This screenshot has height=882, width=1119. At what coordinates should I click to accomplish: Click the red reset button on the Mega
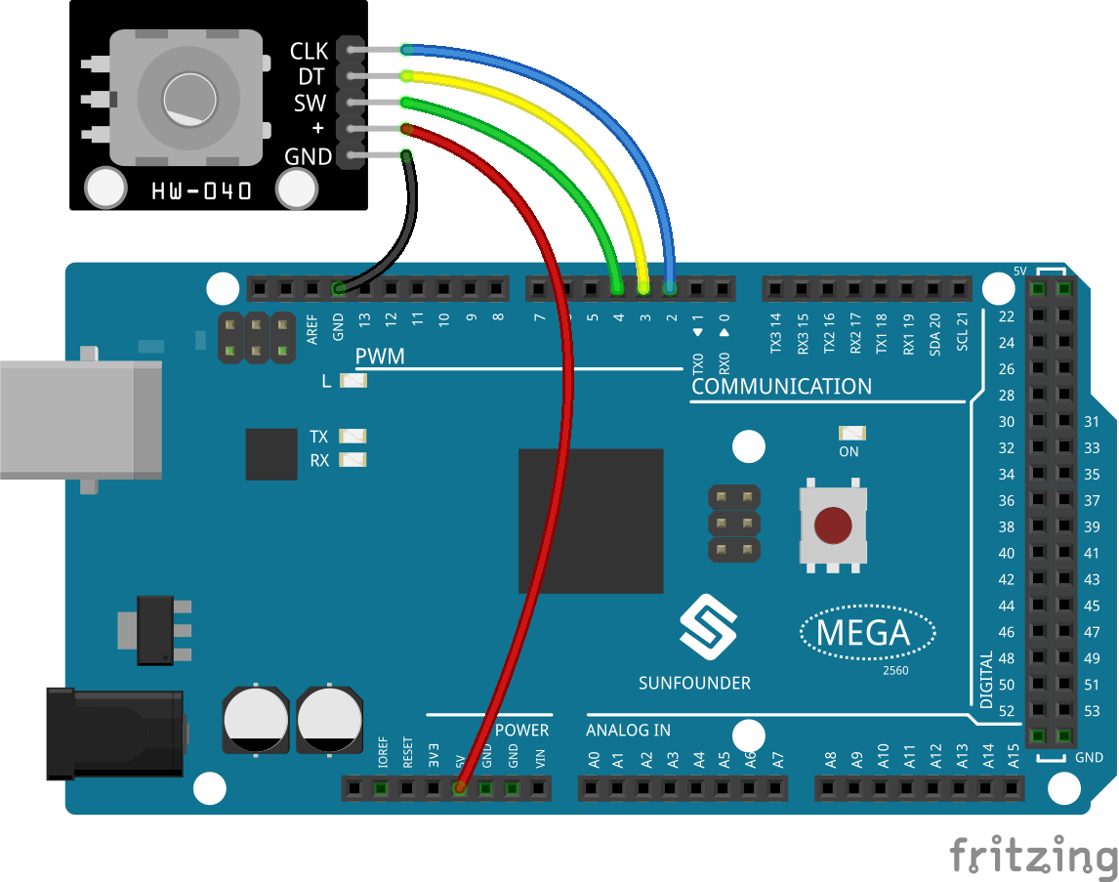(x=833, y=525)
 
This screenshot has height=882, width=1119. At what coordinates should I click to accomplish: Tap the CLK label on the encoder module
(x=309, y=51)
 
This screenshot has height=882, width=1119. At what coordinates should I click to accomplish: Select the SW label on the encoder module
(x=310, y=104)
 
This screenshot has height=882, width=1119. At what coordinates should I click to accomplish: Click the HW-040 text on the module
(x=201, y=190)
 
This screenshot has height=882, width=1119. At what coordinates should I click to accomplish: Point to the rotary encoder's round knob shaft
(x=189, y=100)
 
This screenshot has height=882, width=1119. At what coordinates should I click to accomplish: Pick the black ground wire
(x=399, y=229)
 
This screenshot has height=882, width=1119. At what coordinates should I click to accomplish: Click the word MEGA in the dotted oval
(x=863, y=633)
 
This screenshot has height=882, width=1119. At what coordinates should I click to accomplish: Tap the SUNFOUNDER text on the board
(x=694, y=683)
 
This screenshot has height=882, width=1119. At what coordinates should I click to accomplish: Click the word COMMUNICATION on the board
(x=781, y=386)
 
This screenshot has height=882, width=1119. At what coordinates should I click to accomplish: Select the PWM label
(x=380, y=357)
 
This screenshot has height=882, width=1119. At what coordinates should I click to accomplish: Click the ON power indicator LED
(x=852, y=433)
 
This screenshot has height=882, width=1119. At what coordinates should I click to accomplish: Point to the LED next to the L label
(x=353, y=380)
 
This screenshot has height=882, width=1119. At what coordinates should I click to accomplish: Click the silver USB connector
(x=81, y=420)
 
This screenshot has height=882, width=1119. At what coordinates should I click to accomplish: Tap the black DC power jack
(x=115, y=733)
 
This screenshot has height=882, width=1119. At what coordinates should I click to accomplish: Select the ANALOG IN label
(x=628, y=730)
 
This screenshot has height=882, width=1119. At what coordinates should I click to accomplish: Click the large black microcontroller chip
(x=591, y=521)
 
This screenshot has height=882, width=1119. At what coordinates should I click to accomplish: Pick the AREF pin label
(x=311, y=330)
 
